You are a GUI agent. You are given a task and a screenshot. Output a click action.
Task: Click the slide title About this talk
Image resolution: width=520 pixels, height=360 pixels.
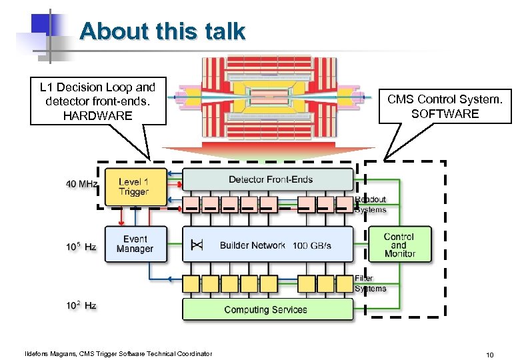click(x=162, y=31)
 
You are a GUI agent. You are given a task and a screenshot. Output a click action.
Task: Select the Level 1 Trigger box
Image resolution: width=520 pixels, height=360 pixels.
click(x=133, y=187)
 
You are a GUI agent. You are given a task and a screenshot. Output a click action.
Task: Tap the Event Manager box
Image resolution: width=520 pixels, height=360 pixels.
click(x=135, y=244)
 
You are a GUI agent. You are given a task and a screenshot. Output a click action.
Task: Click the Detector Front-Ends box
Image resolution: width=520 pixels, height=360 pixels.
click(x=268, y=179)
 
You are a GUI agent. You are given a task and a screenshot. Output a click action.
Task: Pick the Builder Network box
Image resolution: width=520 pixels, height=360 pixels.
click(x=268, y=245)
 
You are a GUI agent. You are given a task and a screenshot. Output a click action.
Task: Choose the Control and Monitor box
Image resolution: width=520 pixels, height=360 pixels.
click(x=399, y=245)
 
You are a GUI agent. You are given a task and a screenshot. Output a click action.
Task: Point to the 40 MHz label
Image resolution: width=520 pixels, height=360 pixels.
click(x=81, y=183)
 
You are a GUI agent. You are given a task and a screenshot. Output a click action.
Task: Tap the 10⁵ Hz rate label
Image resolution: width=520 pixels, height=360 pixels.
click(x=81, y=247)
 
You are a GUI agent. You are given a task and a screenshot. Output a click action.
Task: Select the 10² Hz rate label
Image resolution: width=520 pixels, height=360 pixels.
click(x=81, y=305)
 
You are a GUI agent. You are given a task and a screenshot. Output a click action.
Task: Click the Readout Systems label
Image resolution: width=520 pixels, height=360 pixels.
click(x=370, y=205)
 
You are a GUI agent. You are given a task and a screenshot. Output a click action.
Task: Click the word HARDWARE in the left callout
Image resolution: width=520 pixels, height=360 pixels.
click(x=97, y=116)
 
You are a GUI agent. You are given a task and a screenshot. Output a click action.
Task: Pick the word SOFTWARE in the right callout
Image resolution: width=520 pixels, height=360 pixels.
click(x=445, y=113)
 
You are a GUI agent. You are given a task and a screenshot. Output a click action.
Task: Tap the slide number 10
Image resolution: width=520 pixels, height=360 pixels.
click(x=489, y=355)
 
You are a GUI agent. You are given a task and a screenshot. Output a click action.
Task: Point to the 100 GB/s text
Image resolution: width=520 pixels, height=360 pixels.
click(x=311, y=245)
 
